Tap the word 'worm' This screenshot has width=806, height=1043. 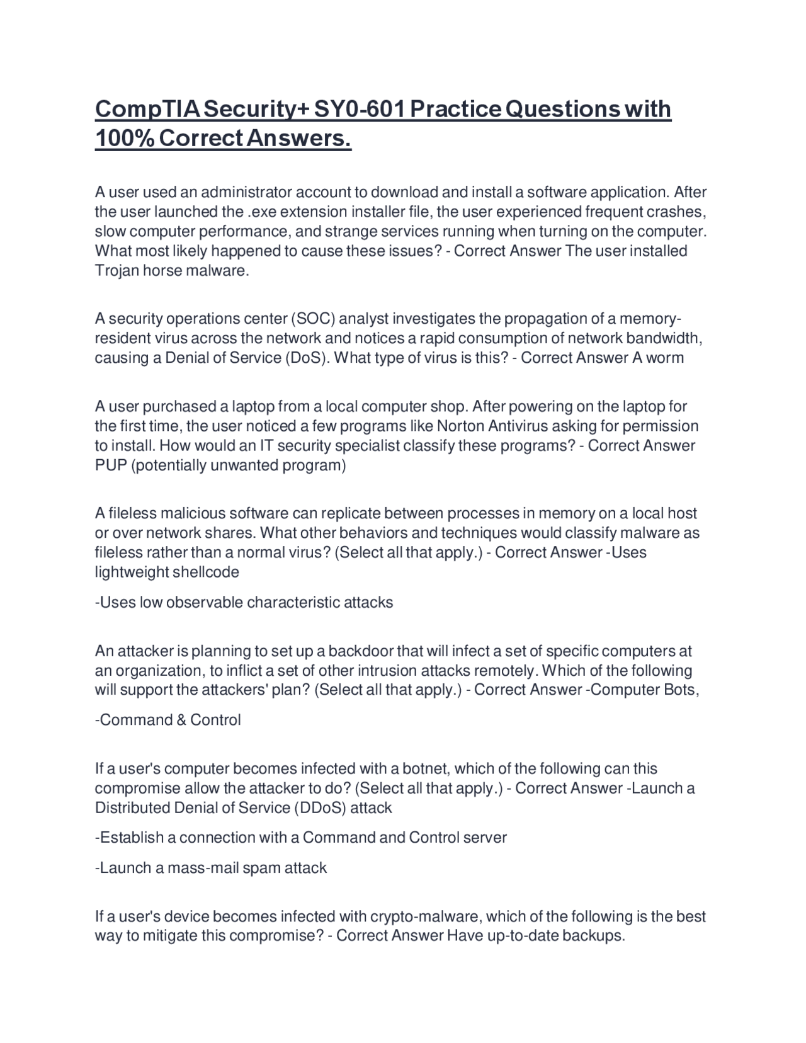pos(664,358)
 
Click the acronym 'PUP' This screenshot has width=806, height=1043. pos(110,465)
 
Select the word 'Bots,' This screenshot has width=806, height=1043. pos(681,690)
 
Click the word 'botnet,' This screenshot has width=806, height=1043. pos(426,768)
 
